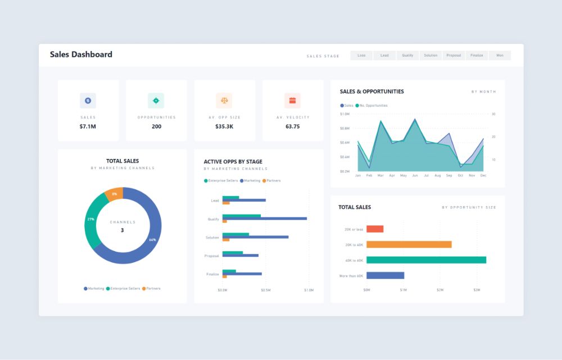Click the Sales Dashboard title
[x=81, y=54]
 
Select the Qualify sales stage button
[x=407, y=56]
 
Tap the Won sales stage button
[x=499, y=56]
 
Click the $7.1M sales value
[x=88, y=126]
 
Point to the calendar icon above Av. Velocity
[x=292, y=101]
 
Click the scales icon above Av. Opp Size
[x=224, y=101]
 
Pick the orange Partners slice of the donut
[x=114, y=194]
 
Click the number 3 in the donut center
[x=123, y=230]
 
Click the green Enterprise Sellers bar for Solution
[x=235, y=234]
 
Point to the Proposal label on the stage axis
[x=211, y=256]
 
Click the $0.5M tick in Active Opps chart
[x=265, y=290]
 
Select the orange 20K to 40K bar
[x=409, y=244]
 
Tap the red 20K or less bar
[x=375, y=229]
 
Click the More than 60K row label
[x=351, y=276]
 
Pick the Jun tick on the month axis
[x=415, y=176]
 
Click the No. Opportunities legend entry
[x=373, y=106]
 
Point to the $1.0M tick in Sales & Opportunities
[x=345, y=114]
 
